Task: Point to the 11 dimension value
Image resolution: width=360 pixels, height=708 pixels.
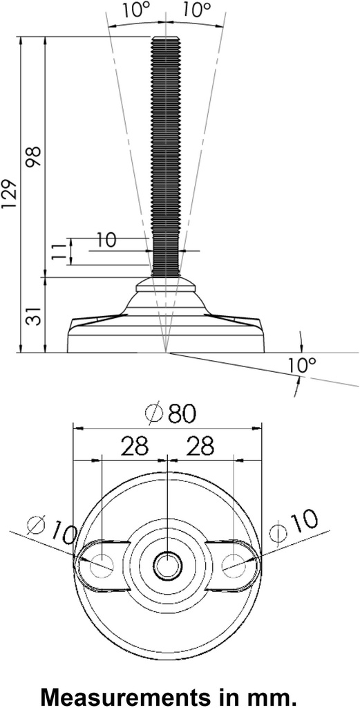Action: [60, 251]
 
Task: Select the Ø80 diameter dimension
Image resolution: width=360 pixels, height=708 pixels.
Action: [171, 413]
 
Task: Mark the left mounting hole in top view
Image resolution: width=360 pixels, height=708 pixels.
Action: [102, 564]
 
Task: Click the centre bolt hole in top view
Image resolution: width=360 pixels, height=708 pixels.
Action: [167, 565]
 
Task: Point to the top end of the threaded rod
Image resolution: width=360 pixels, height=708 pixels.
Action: [166, 40]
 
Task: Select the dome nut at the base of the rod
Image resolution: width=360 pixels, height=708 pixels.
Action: [166, 283]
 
